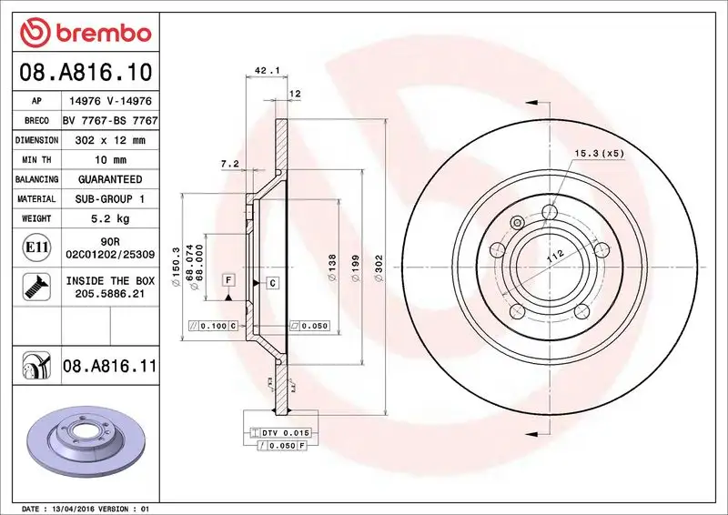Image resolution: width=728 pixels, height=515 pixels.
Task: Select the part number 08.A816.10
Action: click(80, 71)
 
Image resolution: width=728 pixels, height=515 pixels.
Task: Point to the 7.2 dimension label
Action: click(229, 164)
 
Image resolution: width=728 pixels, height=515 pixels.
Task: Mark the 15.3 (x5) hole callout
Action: click(599, 154)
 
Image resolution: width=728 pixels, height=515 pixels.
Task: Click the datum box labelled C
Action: click(272, 284)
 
